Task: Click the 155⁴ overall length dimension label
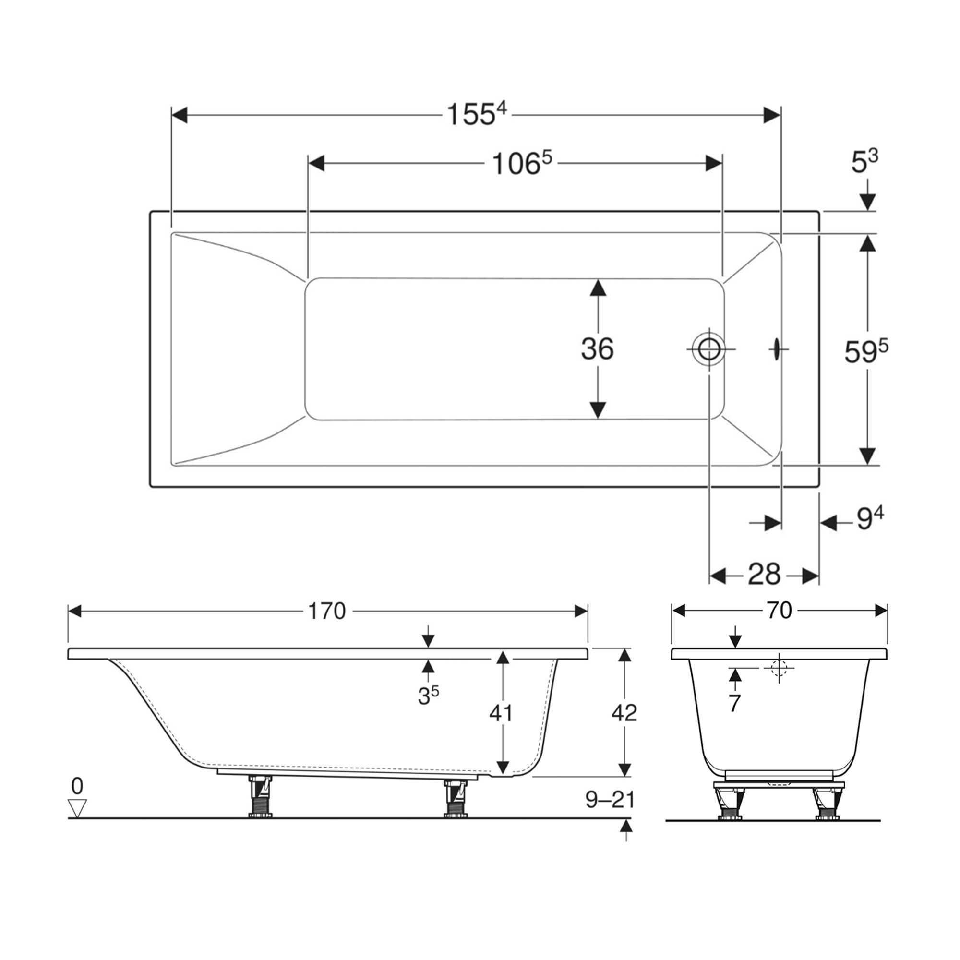[476, 115]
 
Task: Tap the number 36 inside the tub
[597, 349]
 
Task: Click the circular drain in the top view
[709, 349]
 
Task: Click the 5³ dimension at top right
[864, 162]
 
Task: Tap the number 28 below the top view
[764, 575]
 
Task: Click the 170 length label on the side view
[326, 611]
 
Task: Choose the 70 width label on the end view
[779, 611]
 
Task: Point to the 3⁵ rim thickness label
[428, 696]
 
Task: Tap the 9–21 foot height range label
[610, 800]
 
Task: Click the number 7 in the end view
[735, 703]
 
